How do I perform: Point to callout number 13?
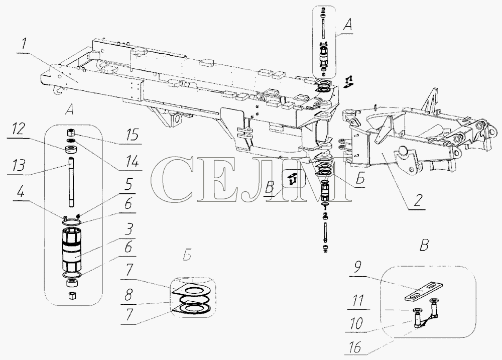(19, 166)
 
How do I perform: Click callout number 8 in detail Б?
(129, 295)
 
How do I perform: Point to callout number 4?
(21, 193)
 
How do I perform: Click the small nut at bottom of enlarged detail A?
(71, 295)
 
